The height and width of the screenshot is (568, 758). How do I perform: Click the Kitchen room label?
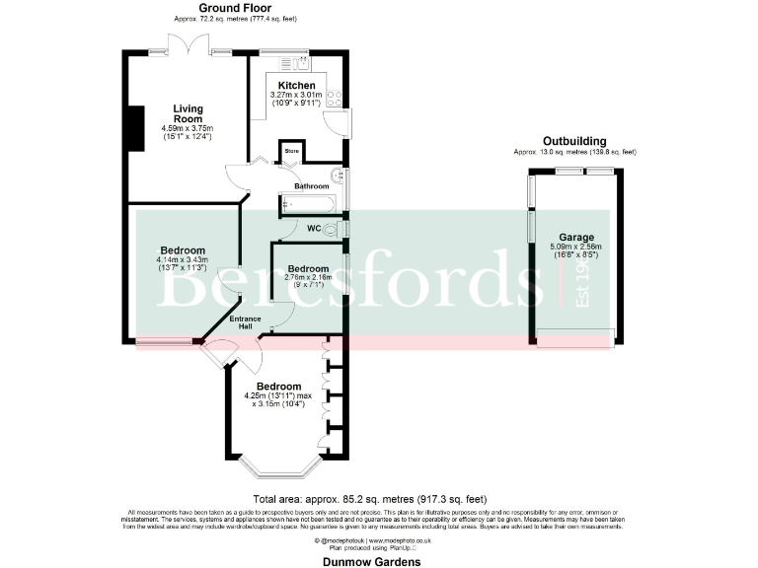[x=296, y=86]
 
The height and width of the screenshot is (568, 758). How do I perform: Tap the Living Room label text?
[x=188, y=114]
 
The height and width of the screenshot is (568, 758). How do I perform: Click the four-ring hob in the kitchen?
[x=334, y=97]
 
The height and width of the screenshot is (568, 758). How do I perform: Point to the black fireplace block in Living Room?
[x=130, y=124]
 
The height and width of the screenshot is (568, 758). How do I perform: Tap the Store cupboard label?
[x=291, y=151]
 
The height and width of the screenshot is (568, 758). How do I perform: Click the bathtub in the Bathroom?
[x=309, y=205]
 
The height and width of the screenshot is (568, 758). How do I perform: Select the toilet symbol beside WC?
[x=332, y=229]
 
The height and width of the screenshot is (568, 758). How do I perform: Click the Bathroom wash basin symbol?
[x=338, y=177]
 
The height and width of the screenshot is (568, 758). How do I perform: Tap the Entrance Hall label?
[x=245, y=322]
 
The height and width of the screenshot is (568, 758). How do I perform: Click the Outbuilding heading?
[x=574, y=141]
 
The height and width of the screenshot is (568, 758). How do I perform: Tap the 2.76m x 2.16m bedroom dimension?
[x=307, y=278]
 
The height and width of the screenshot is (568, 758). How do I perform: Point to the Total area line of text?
[x=370, y=498]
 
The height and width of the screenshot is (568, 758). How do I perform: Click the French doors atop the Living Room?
[x=189, y=44]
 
